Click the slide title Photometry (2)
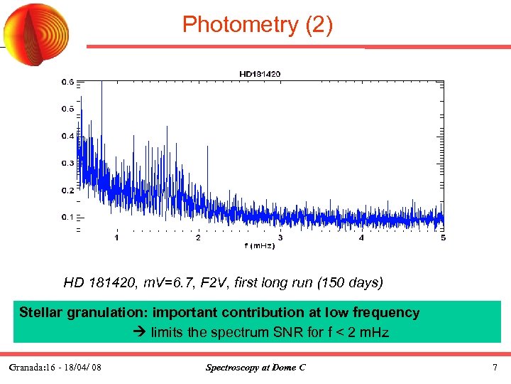coord(256,24)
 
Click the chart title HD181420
coord(259,73)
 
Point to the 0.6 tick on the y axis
coord(66,82)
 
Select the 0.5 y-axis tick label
coord(66,109)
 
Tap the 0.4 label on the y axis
coord(66,136)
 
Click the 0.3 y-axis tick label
coord(66,163)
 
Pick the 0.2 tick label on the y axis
coord(66,190)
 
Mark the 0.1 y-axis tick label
coord(66,217)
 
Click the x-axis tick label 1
coord(116,238)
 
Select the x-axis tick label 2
coord(198,238)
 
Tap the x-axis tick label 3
coord(280,238)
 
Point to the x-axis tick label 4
coord(361,238)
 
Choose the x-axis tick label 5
coord(443,238)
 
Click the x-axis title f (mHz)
coord(259,246)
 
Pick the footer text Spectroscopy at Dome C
coord(255,368)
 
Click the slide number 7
coord(495,368)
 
